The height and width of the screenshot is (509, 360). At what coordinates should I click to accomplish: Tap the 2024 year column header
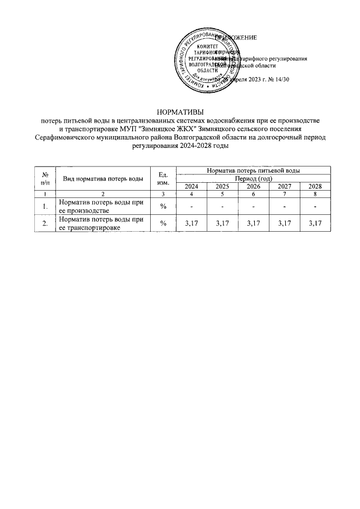[192, 186]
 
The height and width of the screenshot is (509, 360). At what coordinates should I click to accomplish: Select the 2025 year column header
[222, 186]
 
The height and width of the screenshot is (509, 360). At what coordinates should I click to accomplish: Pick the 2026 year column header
[253, 186]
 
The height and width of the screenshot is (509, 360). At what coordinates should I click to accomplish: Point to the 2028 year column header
[314, 186]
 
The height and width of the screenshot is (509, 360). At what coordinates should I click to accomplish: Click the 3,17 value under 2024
[192, 224]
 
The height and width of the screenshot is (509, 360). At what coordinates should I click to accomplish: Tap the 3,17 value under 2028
[314, 224]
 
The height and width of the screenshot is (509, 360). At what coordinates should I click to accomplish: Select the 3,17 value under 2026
[253, 224]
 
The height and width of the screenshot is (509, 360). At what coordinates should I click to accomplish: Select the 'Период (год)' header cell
[253, 178]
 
